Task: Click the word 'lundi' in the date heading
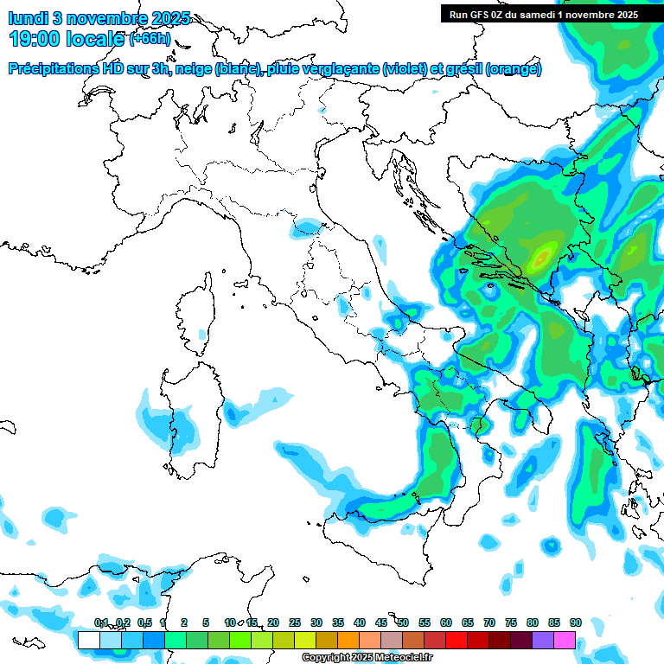coord(29,18)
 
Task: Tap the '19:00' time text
coord(40,39)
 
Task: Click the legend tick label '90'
coord(575,622)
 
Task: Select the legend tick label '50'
coord(403,622)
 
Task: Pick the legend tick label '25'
coord(295,622)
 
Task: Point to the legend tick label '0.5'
coord(144,622)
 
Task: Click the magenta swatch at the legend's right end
coord(565,640)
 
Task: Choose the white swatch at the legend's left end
coord(88,640)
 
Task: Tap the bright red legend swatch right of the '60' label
coord(456,640)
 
